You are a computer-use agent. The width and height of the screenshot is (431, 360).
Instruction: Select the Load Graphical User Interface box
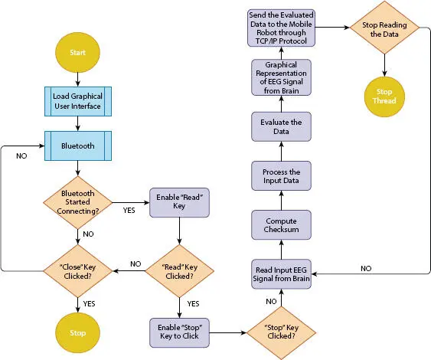coord(77,100)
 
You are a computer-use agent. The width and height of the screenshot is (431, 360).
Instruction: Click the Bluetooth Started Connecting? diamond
coord(77,202)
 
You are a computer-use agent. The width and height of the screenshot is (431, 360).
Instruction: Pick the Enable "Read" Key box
coord(179,202)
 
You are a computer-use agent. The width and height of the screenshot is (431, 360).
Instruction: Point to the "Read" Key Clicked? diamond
coord(179,270)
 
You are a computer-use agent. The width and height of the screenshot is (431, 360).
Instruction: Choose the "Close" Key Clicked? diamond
coord(77,270)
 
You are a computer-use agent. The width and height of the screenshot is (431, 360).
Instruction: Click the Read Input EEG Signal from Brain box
coord(282,272)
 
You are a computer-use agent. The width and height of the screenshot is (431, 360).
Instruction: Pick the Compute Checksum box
coord(282,225)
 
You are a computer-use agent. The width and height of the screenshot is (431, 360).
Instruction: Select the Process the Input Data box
coord(282,177)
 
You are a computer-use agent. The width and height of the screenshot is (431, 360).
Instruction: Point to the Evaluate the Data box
coord(282,126)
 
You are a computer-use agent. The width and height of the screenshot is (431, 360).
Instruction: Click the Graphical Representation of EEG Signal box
coord(282,77)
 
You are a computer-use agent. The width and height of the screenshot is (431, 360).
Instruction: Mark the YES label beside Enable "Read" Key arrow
coord(129,210)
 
